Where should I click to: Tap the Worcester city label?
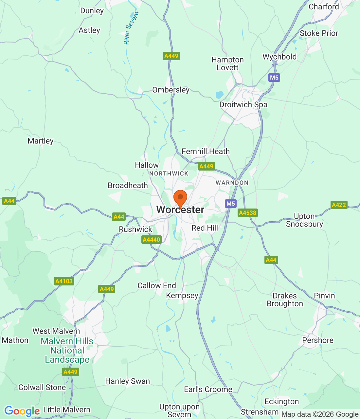click(x=180, y=210)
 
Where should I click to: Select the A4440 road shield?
click(x=152, y=240)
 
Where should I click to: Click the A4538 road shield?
click(x=248, y=213)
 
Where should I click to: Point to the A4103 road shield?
click(x=64, y=281)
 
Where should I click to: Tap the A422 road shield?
click(x=339, y=205)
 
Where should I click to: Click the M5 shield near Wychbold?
click(x=274, y=78)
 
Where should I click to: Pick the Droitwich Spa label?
click(x=243, y=105)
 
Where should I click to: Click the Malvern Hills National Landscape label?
click(x=67, y=350)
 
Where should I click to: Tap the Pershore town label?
click(x=318, y=340)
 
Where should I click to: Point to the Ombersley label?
click(x=171, y=90)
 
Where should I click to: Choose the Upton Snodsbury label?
click(x=304, y=220)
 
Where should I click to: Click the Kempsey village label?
click(x=182, y=296)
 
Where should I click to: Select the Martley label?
click(x=41, y=141)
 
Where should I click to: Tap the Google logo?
click(x=22, y=411)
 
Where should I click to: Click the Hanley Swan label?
click(x=127, y=381)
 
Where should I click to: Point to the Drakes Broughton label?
click(x=285, y=300)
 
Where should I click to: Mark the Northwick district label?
click(x=169, y=173)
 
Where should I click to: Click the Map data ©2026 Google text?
click(x=320, y=414)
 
